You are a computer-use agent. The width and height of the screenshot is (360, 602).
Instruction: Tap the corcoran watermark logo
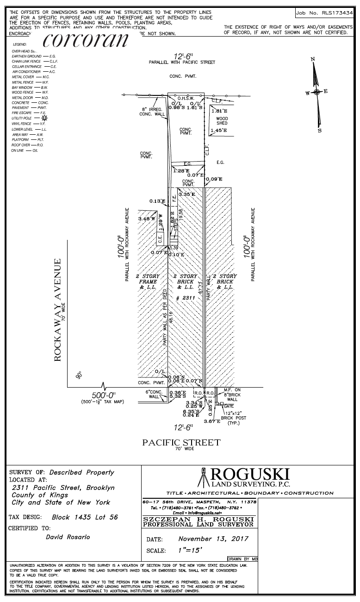pos(86,40)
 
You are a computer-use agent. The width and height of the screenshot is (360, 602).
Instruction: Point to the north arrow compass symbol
pos(317,93)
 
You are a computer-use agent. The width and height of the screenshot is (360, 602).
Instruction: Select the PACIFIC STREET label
pos(181,443)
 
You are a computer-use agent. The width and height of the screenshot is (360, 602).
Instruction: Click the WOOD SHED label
pos(222,121)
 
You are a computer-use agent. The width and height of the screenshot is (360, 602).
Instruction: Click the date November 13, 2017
pos(213,539)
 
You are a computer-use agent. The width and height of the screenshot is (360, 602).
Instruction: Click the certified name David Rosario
pos(68,537)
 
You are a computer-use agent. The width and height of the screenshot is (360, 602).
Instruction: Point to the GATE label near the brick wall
pos(229,406)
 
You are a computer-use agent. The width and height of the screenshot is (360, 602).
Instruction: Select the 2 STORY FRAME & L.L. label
pos(148,282)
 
